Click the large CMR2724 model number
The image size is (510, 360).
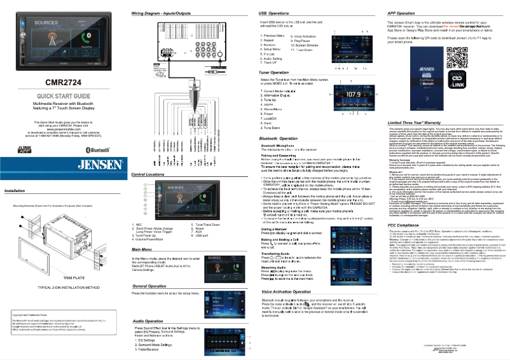(x=63, y=83)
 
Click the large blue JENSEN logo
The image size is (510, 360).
(x=63, y=165)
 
